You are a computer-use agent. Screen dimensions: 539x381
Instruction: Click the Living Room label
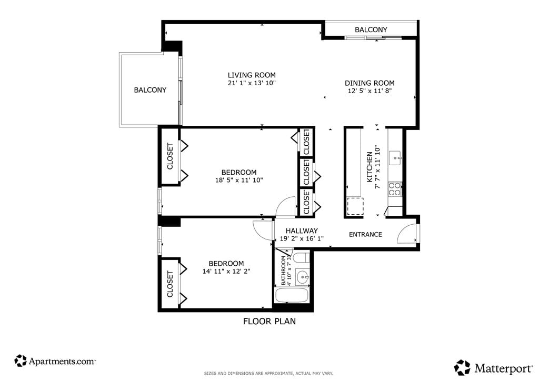[x=252, y=75]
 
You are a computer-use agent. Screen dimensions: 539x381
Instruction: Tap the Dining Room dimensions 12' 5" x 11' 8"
[x=370, y=91]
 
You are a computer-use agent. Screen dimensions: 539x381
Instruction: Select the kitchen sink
[x=395, y=158]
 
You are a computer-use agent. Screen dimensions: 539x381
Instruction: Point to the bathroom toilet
[x=302, y=258]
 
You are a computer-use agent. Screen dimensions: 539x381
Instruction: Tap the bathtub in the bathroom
[x=292, y=295]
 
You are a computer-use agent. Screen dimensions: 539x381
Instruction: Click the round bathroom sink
[x=303, y=277]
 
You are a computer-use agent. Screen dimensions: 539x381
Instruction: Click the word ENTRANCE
[x=365, y=234]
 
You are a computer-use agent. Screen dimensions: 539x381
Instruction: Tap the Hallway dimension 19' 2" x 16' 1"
[x=302, y=239]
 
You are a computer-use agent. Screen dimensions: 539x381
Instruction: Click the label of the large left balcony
[x=150, y=90]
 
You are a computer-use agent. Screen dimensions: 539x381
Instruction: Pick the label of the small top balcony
[x=371, y=30]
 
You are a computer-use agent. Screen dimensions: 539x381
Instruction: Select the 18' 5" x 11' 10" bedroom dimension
[x=239, y=180]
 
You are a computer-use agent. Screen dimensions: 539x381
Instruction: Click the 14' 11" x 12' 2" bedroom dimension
[x=226, y=272]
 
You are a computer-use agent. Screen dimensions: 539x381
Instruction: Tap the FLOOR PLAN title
[x=269, y=322]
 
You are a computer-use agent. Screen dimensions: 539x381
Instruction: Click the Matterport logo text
[x=503, y=369]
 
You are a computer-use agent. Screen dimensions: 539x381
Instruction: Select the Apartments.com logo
[x=55, y=361]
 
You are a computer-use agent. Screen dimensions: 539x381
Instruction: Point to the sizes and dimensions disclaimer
[x=268, y=374]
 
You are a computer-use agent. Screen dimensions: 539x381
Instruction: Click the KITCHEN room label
[x=370, y=167]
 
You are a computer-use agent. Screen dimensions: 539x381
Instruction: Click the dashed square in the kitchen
[x=355, y=206]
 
